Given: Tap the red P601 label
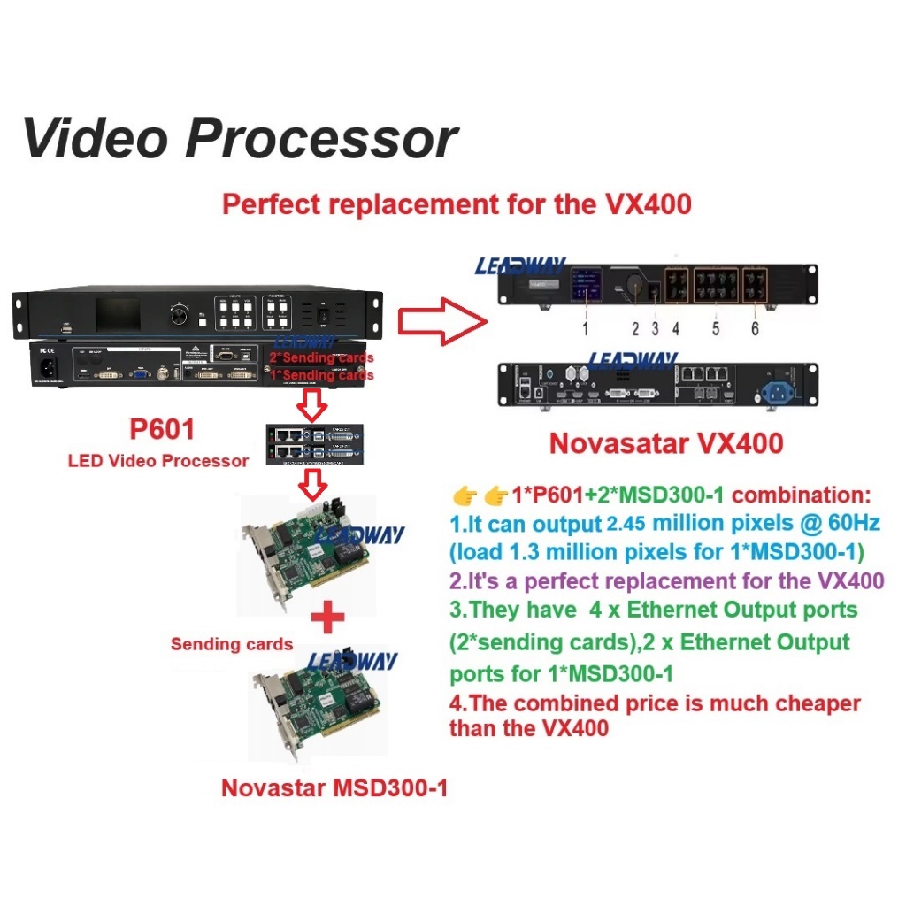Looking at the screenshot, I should coord(162,430).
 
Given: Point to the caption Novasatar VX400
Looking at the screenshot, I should coord(666,442).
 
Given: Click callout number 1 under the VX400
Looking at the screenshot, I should coord(585,329).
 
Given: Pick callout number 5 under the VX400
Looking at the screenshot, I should coord(716,329).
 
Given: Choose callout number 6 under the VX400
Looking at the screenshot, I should coord(755,329).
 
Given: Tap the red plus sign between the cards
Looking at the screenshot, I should coord(327,617).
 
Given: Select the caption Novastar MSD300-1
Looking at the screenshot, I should coord(334,787).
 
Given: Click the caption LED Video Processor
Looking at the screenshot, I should coord(158,460).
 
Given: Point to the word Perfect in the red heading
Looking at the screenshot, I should coord(272,204).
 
